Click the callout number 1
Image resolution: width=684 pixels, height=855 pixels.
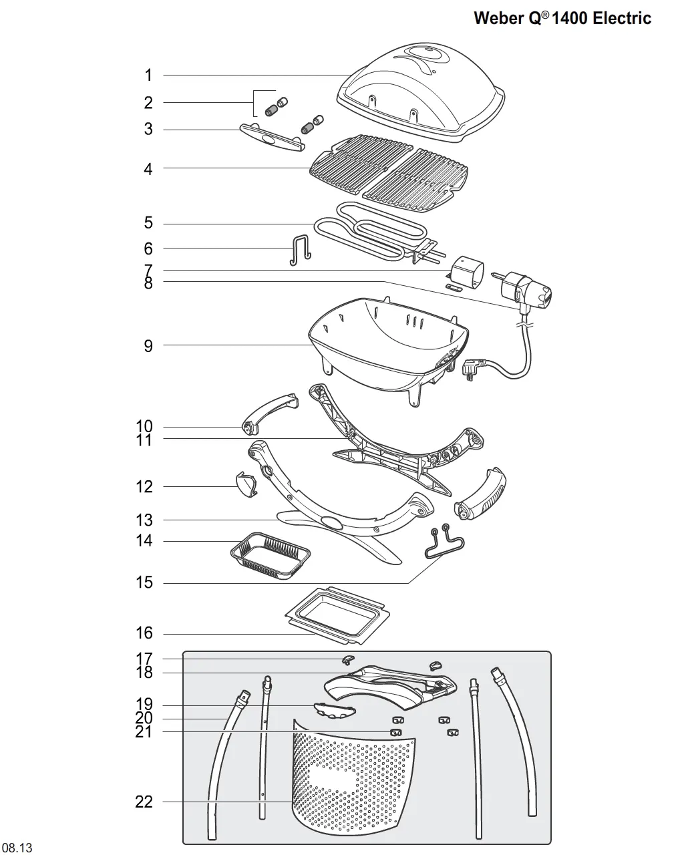[148, 75]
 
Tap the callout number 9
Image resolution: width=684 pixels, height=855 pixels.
[148, 346]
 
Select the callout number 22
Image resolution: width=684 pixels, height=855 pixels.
[144, 802]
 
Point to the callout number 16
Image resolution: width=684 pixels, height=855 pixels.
[144, 633]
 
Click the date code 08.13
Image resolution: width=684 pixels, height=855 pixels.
[17, 848]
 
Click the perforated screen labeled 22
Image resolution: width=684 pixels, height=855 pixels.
[354, 782]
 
